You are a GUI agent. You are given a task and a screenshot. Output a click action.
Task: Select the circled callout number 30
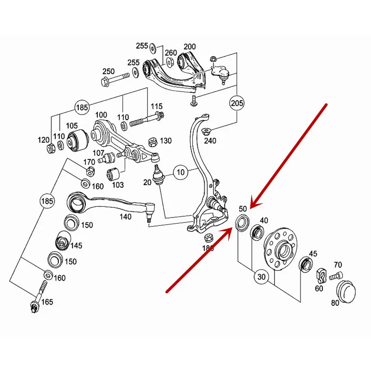(x=262, y=277)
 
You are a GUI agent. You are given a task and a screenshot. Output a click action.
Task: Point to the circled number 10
(x=181, y=173)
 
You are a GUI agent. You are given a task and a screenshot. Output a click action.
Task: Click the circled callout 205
(x=236, y=102)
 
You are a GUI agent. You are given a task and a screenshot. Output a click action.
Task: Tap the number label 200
(x=190, y=47)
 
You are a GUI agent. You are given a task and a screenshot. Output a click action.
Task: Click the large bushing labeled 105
(x=77, y=141)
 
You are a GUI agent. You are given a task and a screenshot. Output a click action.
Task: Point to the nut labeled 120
(x=52, y=149)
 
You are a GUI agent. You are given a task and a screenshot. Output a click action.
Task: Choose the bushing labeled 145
(x=62, y=241)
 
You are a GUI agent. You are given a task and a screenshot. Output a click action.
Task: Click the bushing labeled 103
(x=114, y=175)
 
